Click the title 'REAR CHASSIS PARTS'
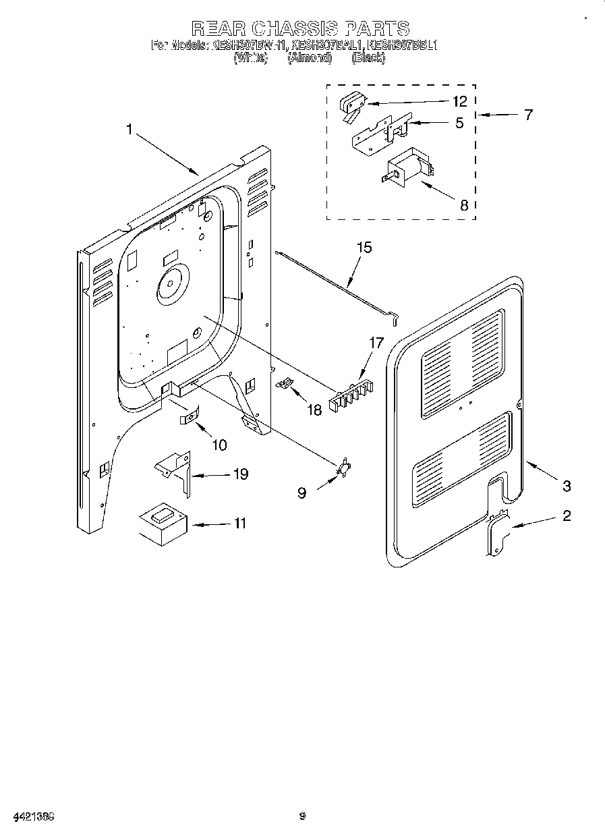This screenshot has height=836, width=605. point(300,28)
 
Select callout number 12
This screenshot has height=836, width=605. point(459,102)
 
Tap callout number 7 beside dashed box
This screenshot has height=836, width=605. point(528,115)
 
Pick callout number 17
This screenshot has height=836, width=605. point(376,343)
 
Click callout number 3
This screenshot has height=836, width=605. point(567,485)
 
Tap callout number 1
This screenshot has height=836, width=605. point(129,129)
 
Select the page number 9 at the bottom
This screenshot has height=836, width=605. point(303,816)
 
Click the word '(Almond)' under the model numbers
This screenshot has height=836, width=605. point(310,58)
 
